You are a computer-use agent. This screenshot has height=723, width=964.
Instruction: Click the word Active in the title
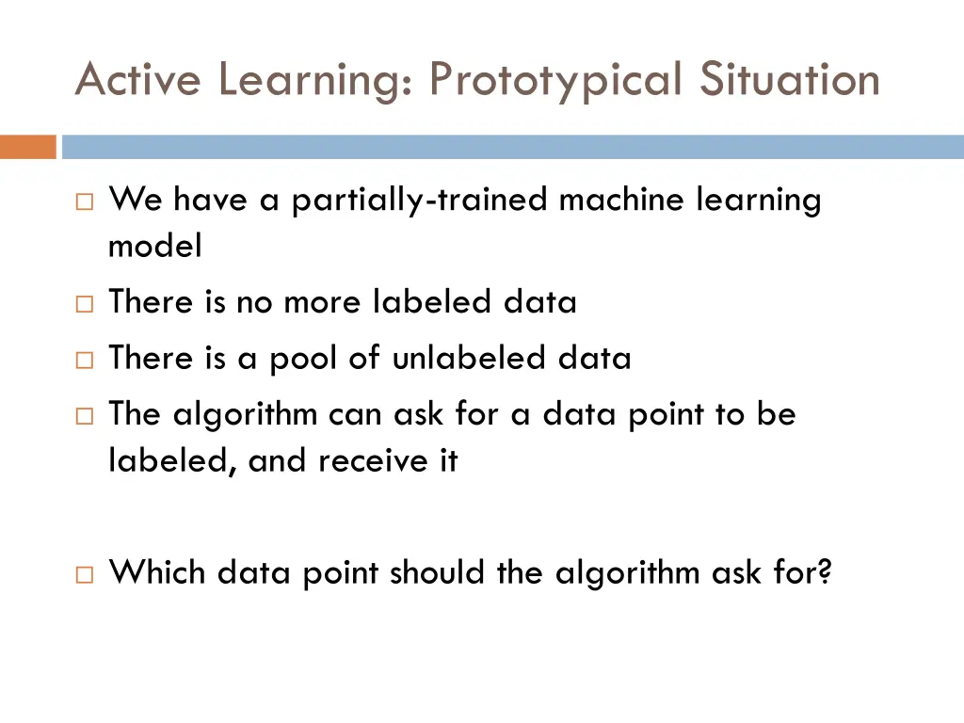pos(137,80)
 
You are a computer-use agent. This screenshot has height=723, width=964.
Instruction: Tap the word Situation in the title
pos(789,80)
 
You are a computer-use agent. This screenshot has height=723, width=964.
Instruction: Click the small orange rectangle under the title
pos(27,147)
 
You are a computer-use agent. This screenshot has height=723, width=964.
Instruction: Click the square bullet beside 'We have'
pos(83,201)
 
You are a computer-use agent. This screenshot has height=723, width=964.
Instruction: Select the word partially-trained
pos(420,200)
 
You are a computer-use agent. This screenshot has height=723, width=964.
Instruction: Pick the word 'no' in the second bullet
pos(254,302)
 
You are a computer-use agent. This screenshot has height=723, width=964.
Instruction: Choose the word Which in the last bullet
pos(158,571)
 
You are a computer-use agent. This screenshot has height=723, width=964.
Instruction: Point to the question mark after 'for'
pos(826,571)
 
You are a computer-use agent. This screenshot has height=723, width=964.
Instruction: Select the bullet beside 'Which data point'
pos(83,572)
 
